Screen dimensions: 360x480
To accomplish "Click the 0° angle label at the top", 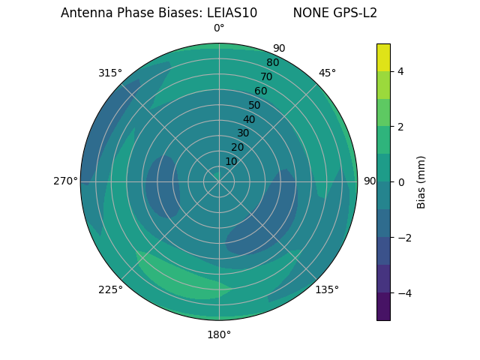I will [219, 28].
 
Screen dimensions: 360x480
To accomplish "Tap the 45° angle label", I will [327, 73].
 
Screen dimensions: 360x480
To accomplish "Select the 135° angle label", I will [327, 289].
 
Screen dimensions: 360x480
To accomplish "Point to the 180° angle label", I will [219, 334].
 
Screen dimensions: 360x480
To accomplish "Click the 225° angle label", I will [110, 289].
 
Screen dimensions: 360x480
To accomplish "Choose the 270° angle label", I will [66, 181].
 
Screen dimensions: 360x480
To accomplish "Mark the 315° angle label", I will [110, 73].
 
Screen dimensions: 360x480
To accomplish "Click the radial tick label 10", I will [231, 161].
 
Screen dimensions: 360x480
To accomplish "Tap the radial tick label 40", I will [249, 119].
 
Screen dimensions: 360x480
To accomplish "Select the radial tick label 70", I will [266, 76].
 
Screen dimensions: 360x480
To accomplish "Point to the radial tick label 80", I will [272, 62].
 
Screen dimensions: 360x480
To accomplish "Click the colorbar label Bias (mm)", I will [421, 182].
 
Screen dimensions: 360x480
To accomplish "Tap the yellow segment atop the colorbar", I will [383, 57].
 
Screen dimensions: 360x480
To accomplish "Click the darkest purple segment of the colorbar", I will [383, 307].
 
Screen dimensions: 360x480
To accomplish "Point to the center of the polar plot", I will [219, 181].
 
